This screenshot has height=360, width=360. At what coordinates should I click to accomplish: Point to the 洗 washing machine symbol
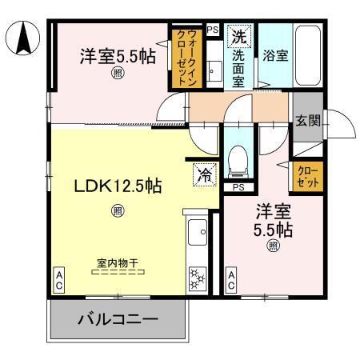(238, 36)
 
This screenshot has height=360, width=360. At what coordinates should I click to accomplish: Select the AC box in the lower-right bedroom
(230, 279)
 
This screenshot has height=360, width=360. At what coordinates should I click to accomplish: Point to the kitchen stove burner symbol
(196, 280)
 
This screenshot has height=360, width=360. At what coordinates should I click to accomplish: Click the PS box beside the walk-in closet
(212, 30)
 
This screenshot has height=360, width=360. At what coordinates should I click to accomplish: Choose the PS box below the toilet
(238, 187)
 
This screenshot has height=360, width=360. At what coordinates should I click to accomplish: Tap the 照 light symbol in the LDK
(118, 211)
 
